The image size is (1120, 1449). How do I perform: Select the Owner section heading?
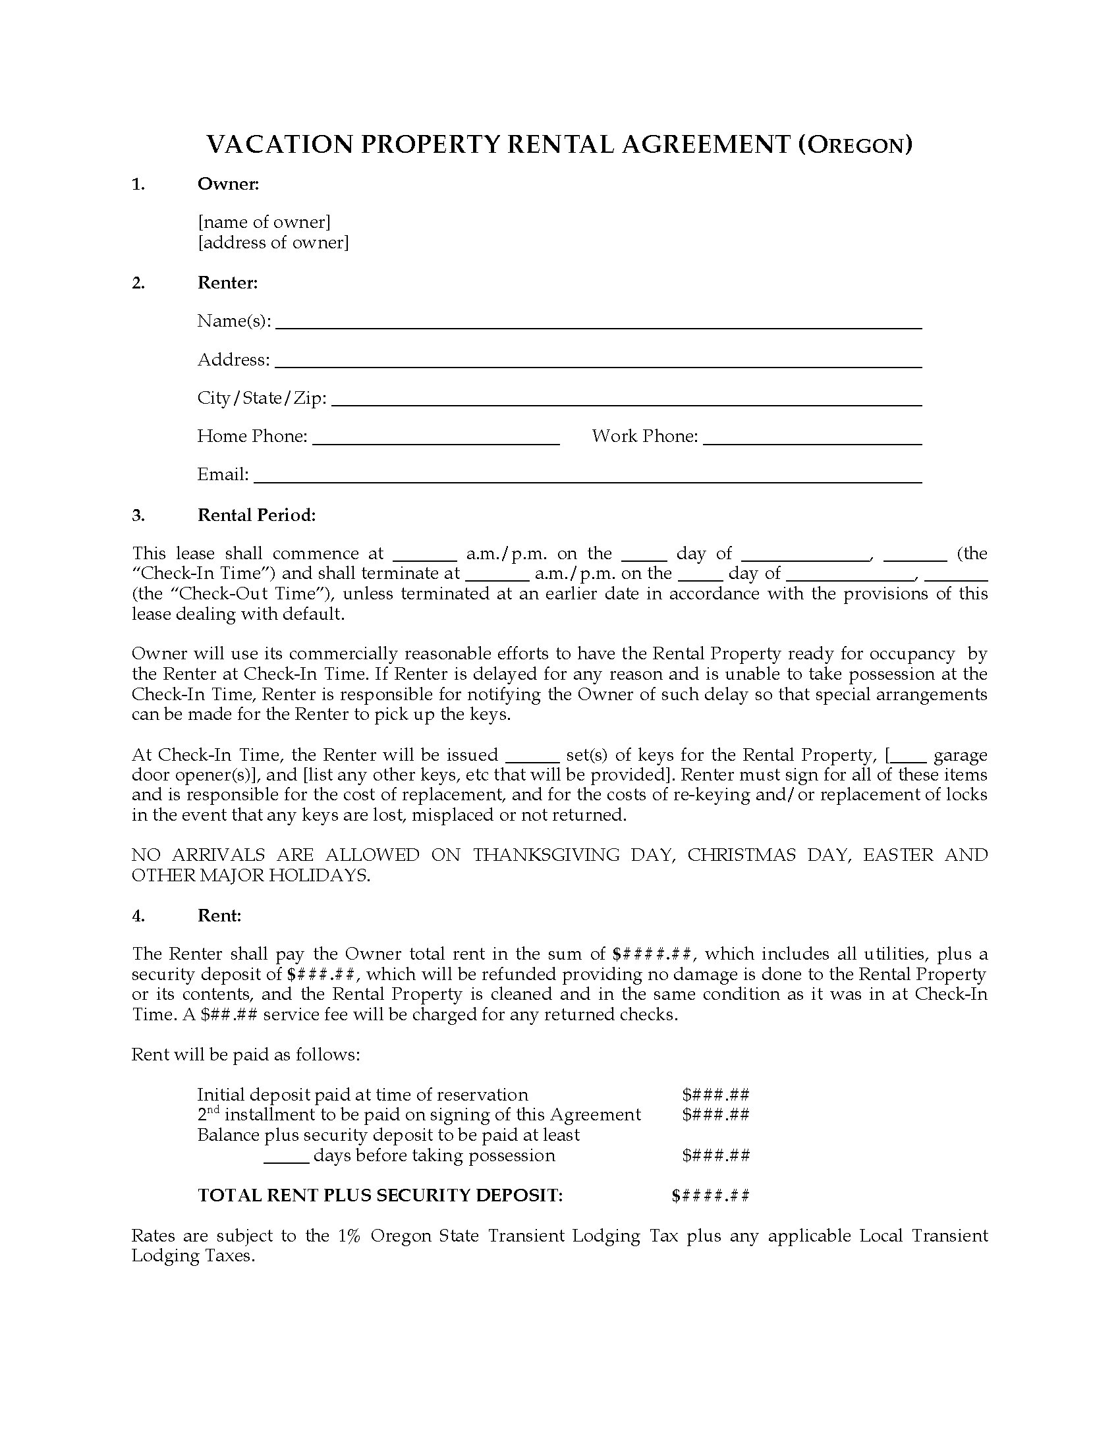(x=227, y=184)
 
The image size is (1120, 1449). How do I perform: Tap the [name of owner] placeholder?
(x=264, y=221)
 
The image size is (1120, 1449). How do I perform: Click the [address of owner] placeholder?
(x=273, y=242)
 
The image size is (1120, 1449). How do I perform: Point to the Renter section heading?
(x=227, y=283)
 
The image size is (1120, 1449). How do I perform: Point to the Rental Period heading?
(x=256, y=515)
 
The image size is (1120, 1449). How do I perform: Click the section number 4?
(x=138, y=916)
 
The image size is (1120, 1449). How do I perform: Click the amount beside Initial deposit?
(x=716, y=1095)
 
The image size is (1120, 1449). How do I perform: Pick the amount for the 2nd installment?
(x=716, y=1114)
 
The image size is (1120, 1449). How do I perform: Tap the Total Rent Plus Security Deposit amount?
(x=711, y=1195)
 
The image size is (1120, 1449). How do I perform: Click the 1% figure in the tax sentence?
(x=349, y=1236)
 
